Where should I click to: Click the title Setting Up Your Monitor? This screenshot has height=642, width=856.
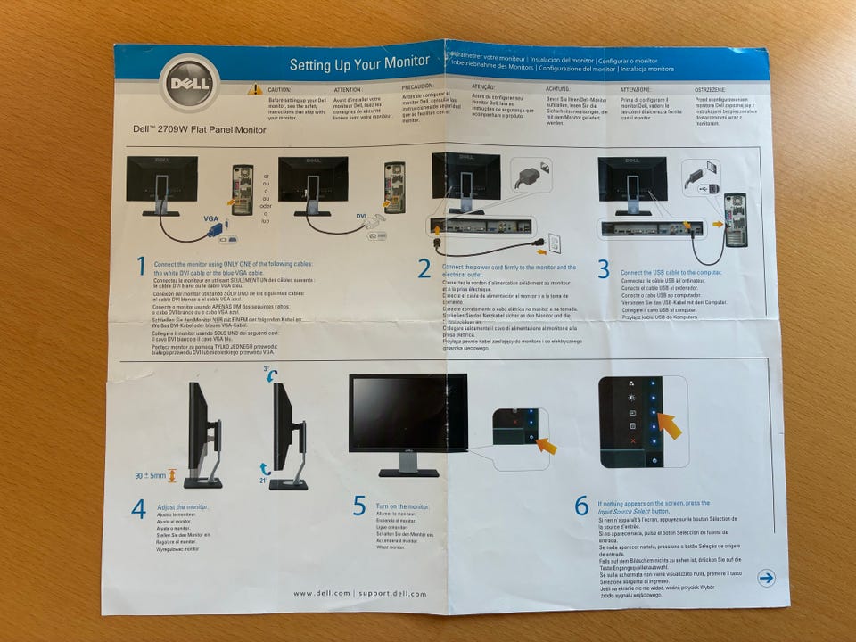click(x=358, y=64)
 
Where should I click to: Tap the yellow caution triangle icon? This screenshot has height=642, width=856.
click(x=255, y=89)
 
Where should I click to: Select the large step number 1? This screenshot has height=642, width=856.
click(x=140, y=266)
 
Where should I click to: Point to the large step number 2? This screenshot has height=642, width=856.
click(x=424, y=268)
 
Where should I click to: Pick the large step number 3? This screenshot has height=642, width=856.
click(x=604, y=268)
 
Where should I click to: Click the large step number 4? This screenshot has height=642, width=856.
click(x=138, y=509)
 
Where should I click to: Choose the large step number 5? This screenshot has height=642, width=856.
click(x=359, y=506)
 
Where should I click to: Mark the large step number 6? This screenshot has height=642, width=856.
click(x=581, y=506)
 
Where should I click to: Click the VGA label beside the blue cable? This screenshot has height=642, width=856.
click(x=210, y=218)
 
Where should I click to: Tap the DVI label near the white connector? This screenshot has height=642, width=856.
click(x=362, y=217)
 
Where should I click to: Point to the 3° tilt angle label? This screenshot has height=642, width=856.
click(x=266, y=369)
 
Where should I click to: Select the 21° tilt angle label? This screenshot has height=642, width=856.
click(x=265, y=480)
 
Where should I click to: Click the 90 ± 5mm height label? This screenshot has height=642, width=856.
click(x=151, y=476)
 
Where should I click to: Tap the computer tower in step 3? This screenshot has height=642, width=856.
click(x=736, y=219)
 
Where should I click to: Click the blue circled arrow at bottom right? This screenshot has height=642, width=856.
click(x=765, y=578)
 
